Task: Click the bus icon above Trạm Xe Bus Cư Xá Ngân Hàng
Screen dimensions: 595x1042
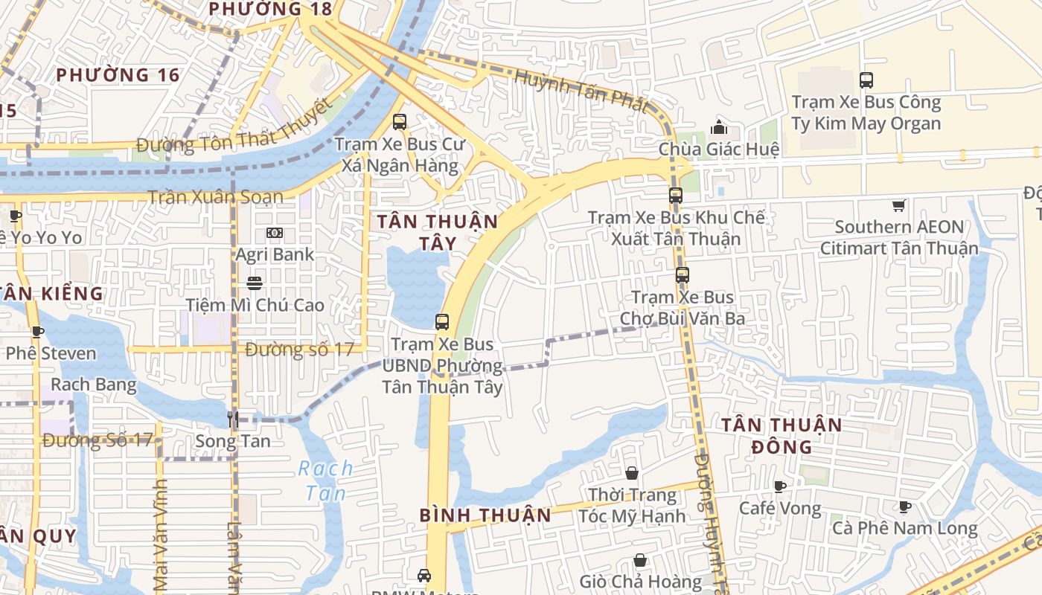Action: [400, 121]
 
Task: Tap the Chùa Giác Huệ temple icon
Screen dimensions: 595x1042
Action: [719, 126]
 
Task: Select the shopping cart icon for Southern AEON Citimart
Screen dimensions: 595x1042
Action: [899, 205]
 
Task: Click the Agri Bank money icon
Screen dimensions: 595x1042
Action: [275, 233]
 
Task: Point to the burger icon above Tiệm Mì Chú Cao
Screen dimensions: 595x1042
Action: [255, 283]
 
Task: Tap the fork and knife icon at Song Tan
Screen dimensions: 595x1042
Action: [233, 419]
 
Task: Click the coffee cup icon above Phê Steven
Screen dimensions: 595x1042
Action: [37, 332]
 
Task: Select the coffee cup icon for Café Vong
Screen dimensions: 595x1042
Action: [779, 487]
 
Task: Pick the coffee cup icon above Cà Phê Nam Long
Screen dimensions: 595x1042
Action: [904, 507]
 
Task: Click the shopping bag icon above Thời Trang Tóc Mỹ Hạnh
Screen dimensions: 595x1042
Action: [632, 473]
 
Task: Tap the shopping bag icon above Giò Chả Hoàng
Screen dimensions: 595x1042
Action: [640, 560]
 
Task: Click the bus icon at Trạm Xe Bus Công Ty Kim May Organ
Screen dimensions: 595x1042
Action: [866, 80]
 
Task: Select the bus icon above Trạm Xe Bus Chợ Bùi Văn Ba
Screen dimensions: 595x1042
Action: [683, 275]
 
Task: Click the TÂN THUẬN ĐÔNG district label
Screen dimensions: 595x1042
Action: [781, 436]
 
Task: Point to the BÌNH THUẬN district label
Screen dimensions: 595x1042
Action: [485, 515]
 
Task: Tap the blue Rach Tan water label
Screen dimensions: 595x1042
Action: [325, 480]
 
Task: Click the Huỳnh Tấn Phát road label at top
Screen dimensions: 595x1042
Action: [581, 90]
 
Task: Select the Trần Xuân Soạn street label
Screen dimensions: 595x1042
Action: [215, 197]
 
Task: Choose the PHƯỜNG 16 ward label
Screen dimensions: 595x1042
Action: [118, 75]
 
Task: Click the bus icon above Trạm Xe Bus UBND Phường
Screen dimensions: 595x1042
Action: [442, 322]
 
